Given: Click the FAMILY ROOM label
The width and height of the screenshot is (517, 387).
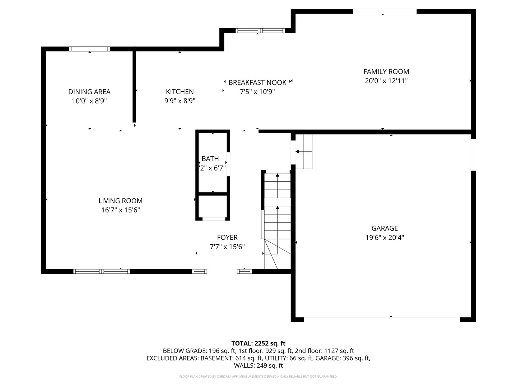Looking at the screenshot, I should tap(386, 72).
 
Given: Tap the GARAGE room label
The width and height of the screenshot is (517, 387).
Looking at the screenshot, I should tap(385, 228).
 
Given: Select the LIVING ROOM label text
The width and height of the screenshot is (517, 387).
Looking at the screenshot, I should tap(121, 201).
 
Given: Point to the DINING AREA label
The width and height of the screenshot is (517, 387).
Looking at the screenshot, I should tap(89, 92).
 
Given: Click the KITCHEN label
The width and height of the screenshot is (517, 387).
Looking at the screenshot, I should tap(180, 92).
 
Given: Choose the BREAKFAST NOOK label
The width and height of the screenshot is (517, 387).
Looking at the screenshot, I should tap(257, 83).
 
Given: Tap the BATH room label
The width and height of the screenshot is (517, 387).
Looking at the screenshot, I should tap(210, 159).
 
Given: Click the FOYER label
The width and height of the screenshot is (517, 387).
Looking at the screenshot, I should tap(227, 238).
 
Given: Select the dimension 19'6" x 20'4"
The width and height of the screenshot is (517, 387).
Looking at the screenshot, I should tap(385, 238).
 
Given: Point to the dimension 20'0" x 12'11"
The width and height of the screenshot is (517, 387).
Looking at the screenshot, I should tap(386, 81).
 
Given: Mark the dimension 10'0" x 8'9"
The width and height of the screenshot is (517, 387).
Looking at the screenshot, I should tap(89, 101).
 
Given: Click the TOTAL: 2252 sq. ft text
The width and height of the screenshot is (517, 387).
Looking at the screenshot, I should tap(258, 343).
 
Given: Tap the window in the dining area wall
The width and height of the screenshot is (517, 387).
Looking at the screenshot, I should tap(89, 49).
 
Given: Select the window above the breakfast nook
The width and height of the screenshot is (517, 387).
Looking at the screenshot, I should tap(260, 30).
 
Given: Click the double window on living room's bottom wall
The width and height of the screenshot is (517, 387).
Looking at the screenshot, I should tap(102, 271).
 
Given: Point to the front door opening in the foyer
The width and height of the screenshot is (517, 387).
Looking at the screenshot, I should tap(222, 271).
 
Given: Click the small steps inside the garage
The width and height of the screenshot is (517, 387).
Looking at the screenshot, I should tap(304, 152).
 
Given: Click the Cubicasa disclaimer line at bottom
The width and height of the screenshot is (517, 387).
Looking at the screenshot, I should tap(258, 377).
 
